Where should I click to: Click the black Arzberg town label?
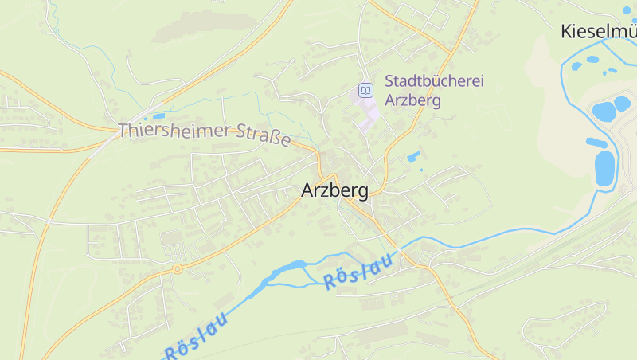(334, 191)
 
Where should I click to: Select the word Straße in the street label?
(264, 136)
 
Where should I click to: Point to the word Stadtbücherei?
(434, 81)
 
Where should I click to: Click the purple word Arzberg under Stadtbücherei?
(412, 100)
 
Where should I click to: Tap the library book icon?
(365, 90)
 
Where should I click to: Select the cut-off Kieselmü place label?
(599, 32)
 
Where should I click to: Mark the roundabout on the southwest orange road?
(178, 269)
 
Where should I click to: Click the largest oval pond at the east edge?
(605, 167)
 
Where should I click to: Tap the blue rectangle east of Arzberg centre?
(413, 157)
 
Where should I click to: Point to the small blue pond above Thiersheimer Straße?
(158, 116)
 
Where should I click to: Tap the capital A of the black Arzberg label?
(308, 191)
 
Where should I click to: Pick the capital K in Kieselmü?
(567, 32)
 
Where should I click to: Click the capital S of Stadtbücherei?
(389, 81)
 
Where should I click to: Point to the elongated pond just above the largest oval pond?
(596, 143)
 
